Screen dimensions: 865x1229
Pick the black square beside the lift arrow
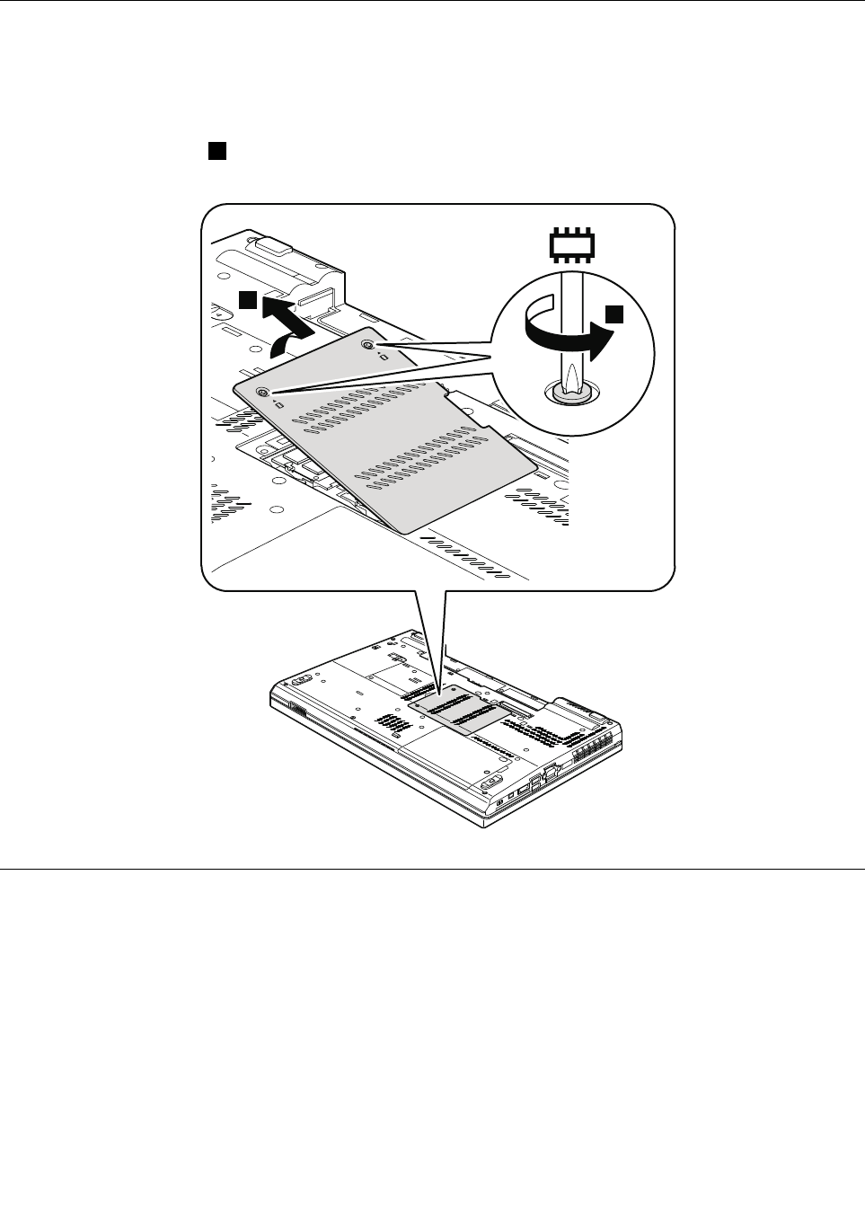(249, 299)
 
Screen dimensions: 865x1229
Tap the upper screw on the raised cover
(368, 345)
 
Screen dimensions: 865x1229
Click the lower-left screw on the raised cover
(262, 393)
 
